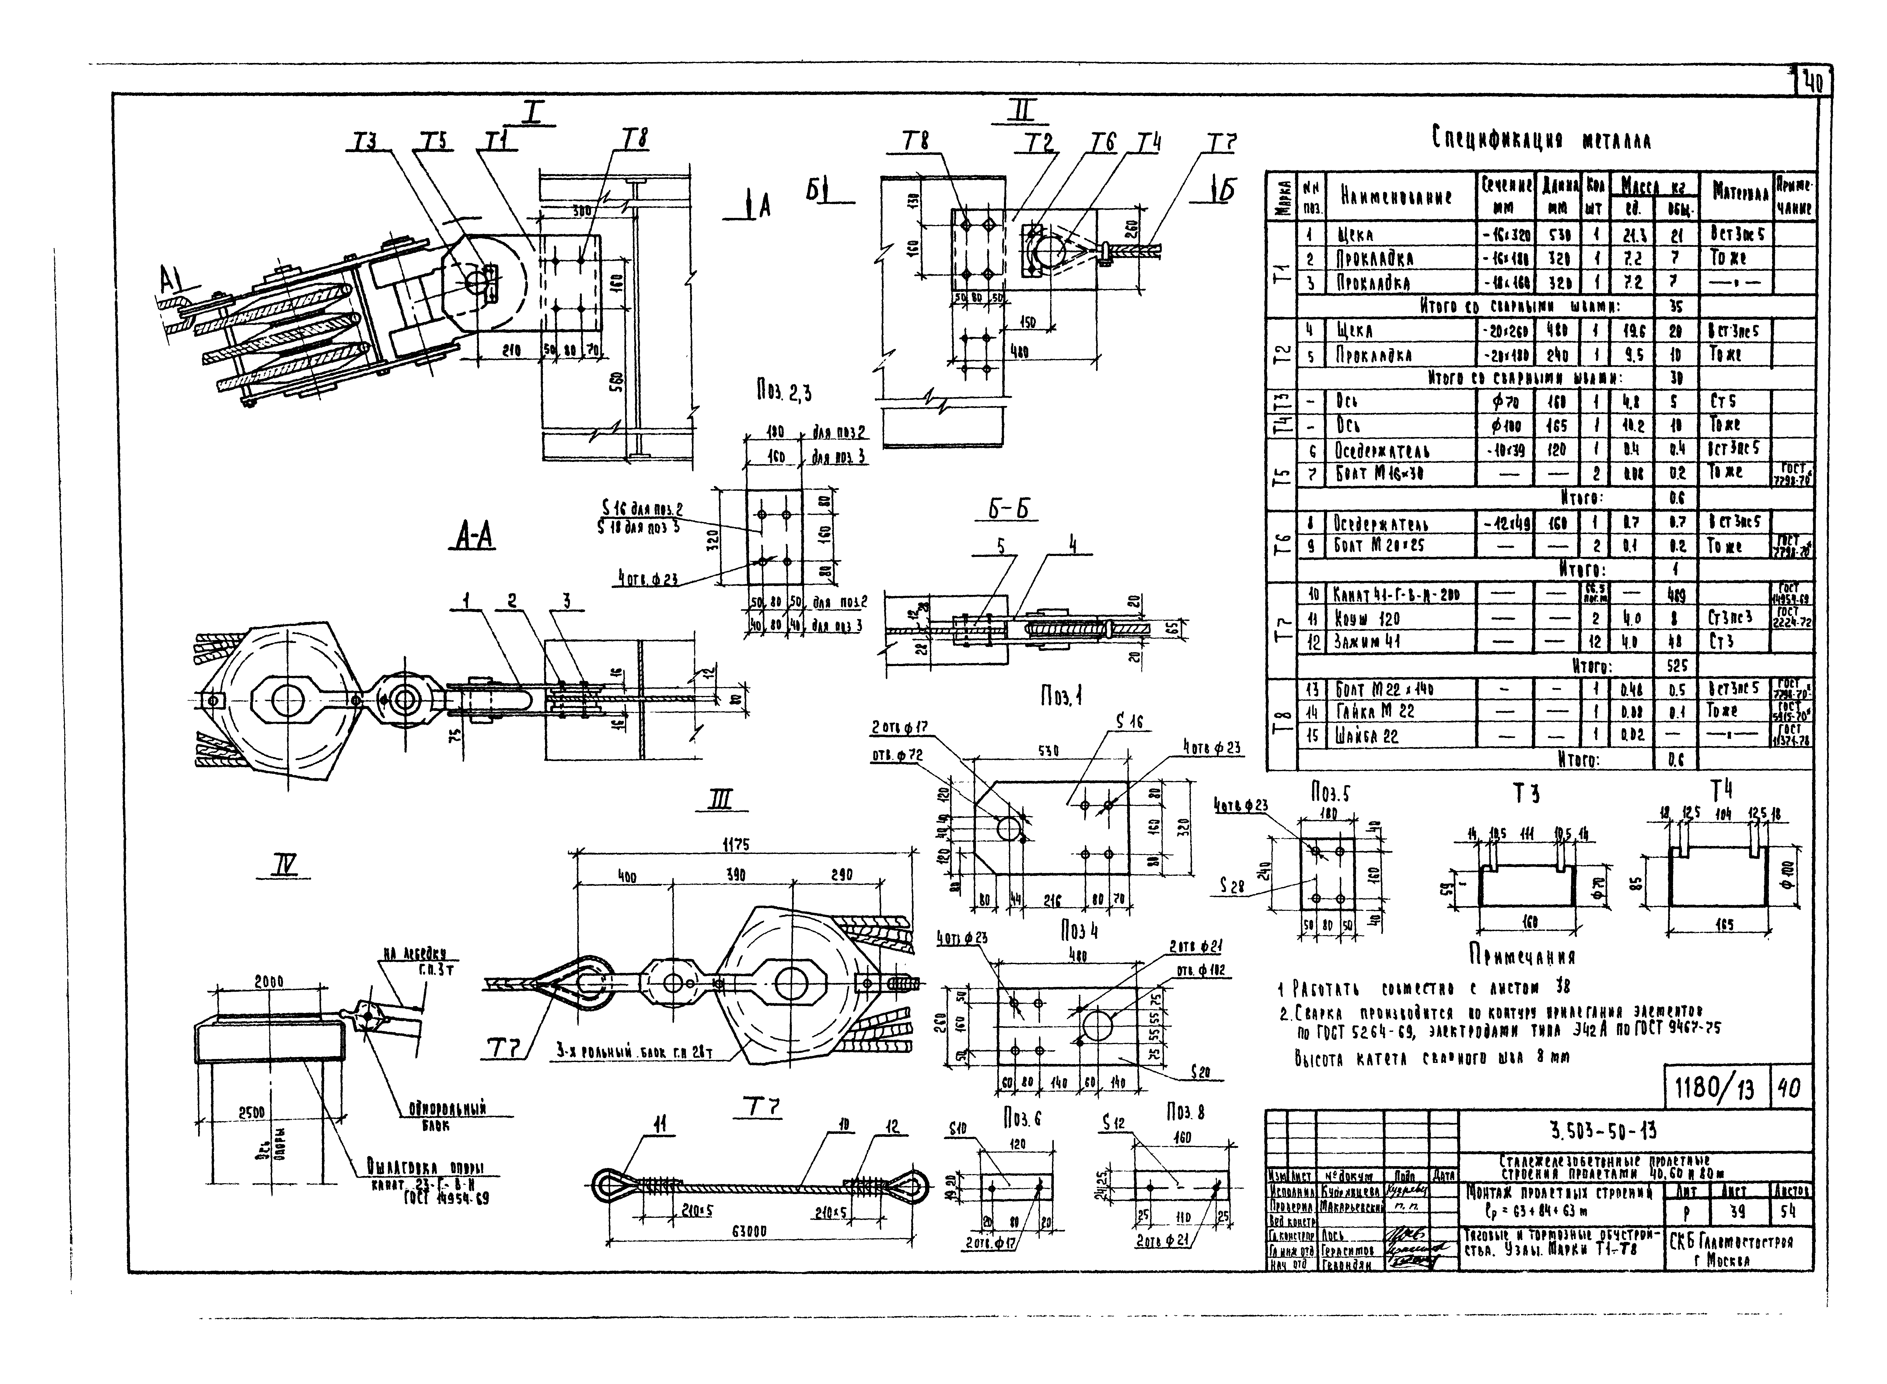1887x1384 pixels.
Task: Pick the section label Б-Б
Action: pyautogui.click(x=1008, y=509)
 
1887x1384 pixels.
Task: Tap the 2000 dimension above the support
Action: pyautogui.click(x=269, y=982)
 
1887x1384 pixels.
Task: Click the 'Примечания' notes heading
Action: pyautogui.click(x=1522, y=956)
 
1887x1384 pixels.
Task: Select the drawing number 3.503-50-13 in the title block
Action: pyautogui.click(x=1602, y=1132)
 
